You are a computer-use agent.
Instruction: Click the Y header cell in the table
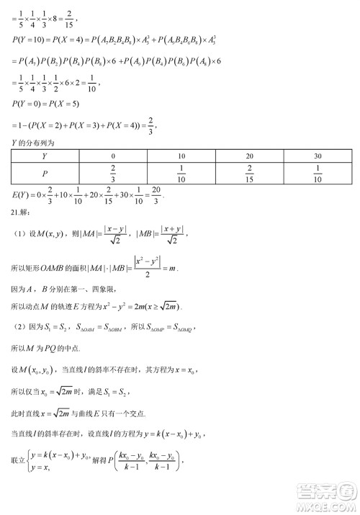(45, 156)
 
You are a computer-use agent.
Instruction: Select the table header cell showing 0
(114, 156)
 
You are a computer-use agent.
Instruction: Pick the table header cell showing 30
(318, 156)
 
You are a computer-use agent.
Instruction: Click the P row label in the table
(45, 174)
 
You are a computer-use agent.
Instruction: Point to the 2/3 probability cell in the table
(114, 174)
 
